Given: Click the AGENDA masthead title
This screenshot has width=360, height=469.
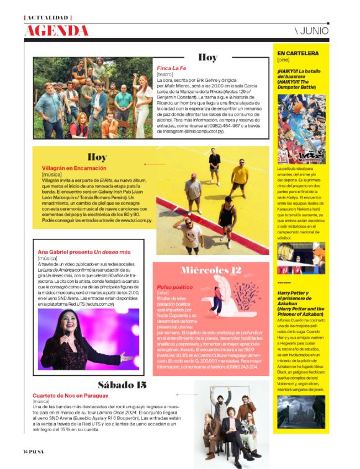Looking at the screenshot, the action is tap(56, 30).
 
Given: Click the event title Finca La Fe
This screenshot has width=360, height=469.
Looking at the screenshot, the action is tap(171, 68).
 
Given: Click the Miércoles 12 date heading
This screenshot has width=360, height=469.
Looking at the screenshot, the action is tap(211, 270).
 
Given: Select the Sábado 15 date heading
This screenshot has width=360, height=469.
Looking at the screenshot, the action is tap(122, 385).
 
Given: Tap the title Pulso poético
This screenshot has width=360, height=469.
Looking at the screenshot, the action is tap(172, 288).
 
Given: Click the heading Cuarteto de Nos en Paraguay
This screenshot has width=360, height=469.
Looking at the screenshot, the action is tap(70, 395).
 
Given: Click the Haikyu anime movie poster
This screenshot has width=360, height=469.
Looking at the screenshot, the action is tap(301, 129).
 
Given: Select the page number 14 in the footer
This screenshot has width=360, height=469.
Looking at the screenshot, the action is tap(27, 451).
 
